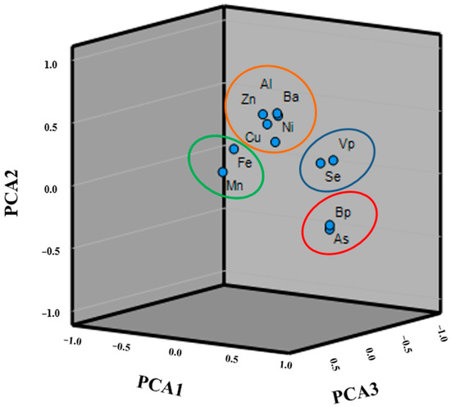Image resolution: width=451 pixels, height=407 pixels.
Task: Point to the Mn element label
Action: point(235,186)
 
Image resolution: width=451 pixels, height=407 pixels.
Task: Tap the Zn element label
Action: point(248,99)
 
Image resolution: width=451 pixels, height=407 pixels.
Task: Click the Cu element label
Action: point(253,137)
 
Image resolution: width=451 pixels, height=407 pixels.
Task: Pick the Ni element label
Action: point(287,127)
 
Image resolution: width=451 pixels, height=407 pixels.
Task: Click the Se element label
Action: point(332,176)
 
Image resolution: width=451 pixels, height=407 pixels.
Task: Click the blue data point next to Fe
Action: point(234,149)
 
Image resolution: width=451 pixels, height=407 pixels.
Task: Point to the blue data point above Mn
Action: point(222,172)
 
